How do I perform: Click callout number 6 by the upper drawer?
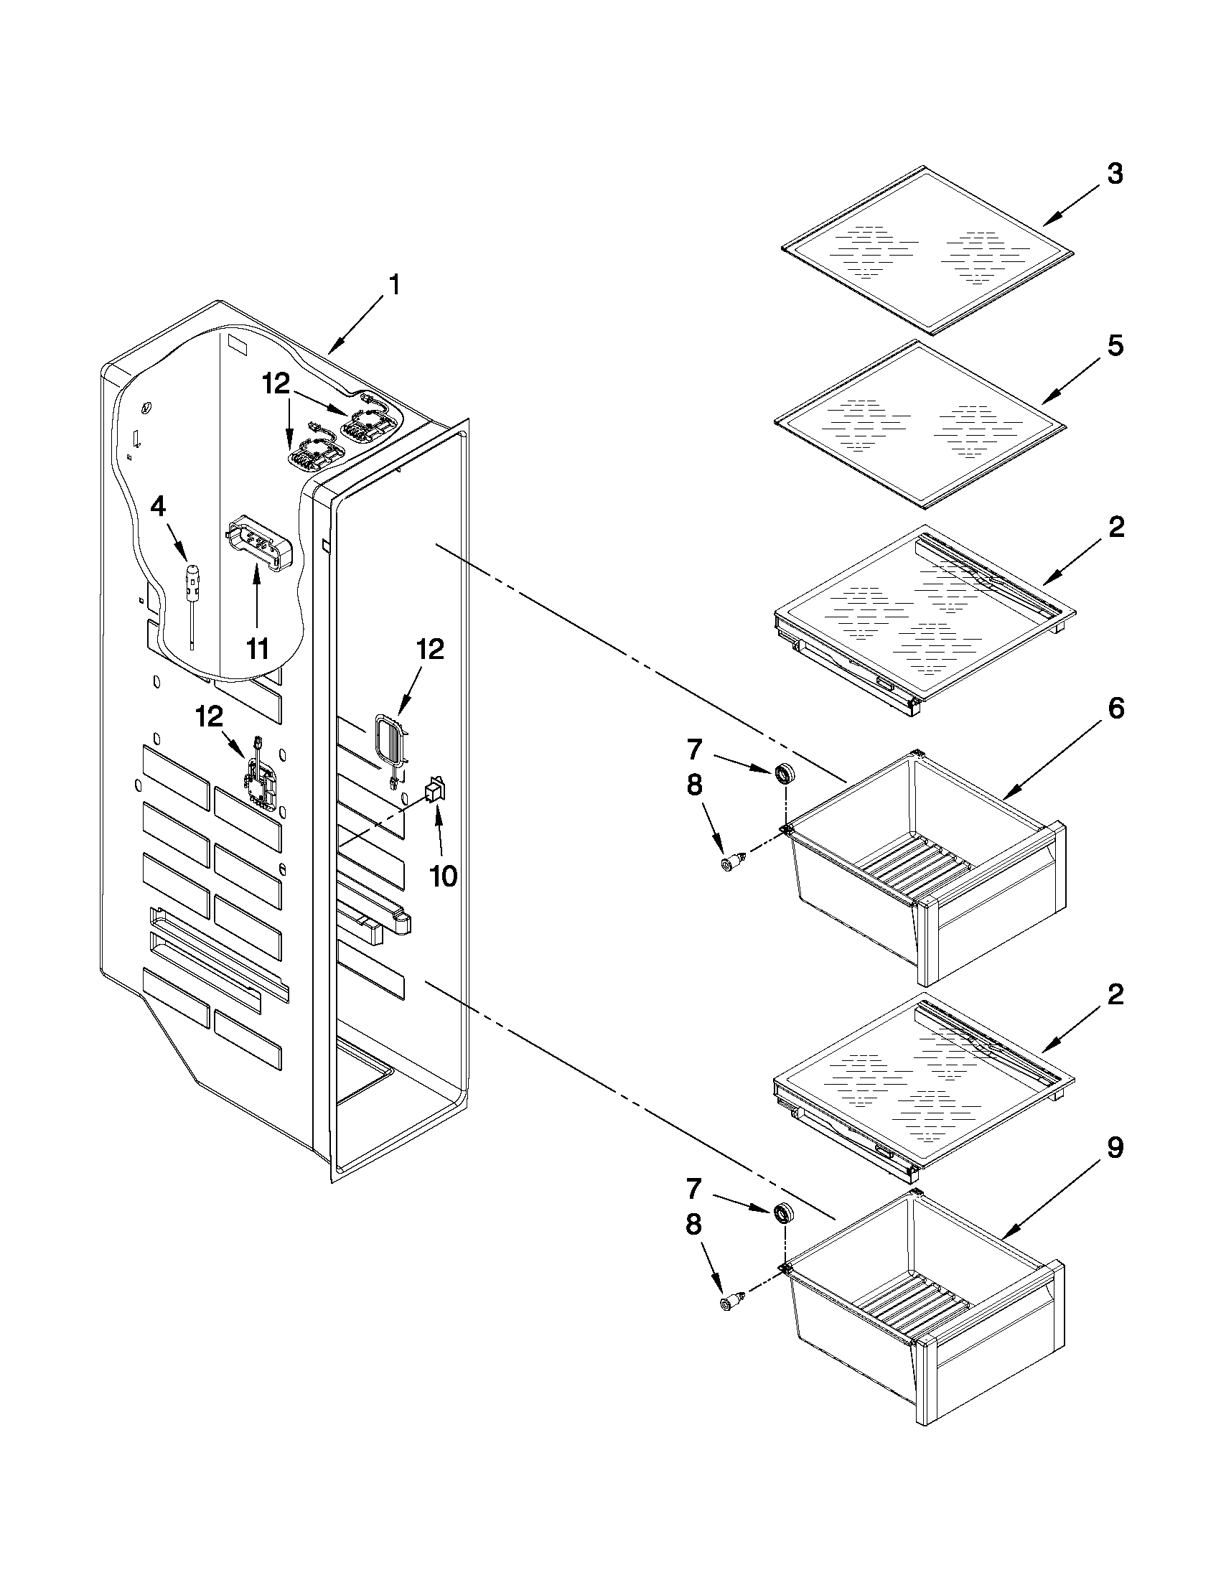point(1115,709)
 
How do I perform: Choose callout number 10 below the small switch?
point(443,876)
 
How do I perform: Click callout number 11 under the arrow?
point(258,649)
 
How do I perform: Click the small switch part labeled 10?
point(435,789)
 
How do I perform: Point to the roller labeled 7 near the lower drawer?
point(782,1213)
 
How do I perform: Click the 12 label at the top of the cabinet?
point(276,383)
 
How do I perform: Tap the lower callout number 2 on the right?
point(1115,996)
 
